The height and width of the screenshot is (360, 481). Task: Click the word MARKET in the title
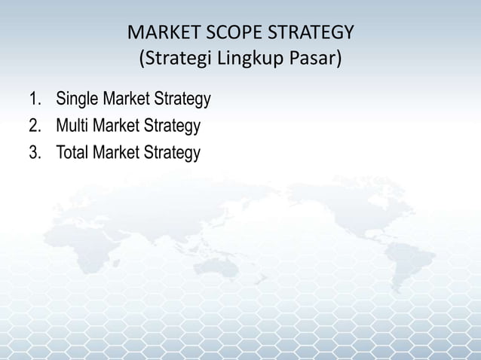point(159,35)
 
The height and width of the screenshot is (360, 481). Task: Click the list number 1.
point(33,100)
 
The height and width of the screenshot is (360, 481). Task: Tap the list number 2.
point(33,127)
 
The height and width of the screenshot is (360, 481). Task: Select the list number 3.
point(33,153)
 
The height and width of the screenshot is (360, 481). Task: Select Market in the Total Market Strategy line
point(119,153)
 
